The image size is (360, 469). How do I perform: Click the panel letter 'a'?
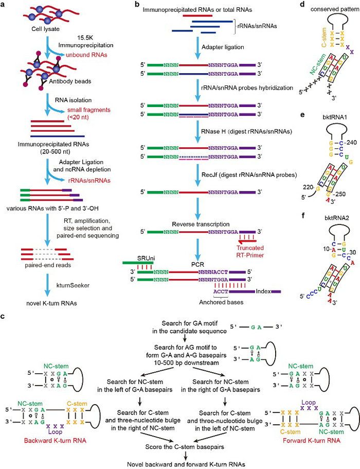5,5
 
